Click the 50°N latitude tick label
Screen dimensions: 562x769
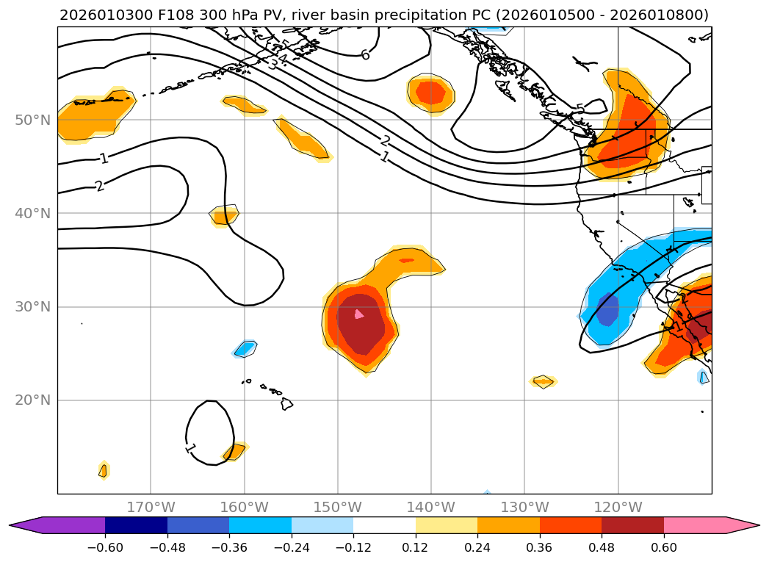(32, 120)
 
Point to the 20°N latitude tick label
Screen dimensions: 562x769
(32, 400)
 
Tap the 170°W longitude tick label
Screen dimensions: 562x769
(151, 507)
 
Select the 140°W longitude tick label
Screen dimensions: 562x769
(430, 507)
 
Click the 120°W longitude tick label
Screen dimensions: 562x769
(618, 507)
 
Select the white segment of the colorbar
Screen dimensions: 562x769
(384, 525)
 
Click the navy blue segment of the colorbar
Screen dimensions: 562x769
(136, 525)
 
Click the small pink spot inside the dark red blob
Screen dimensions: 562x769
(359, 314)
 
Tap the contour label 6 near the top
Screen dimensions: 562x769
(365, 54)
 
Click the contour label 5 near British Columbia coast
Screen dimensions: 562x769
(580, 109)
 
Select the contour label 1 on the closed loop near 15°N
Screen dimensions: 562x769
(190, 447)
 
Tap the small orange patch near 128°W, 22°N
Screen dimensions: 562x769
(543, 381)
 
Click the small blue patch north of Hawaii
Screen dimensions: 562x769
(246, 348)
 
